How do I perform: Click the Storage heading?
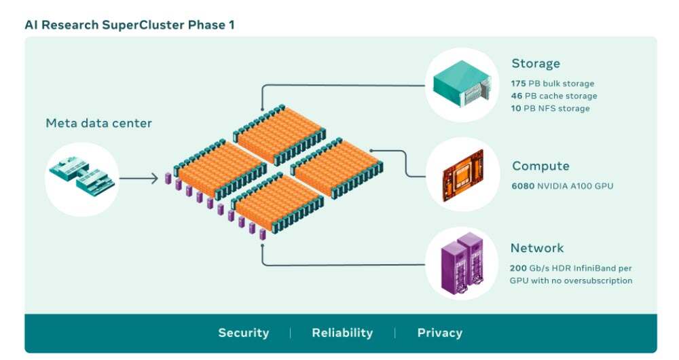coord(536,64)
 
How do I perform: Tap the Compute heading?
coord(540,166)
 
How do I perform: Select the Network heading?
coord(536,248)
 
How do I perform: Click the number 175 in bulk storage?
coord(518,84)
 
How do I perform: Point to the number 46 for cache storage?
coord(516,96)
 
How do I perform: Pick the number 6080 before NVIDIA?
coord(523,185)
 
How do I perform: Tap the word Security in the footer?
coord(243,333)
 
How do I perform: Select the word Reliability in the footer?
coord(342,333)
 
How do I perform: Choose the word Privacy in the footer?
coord(439,333)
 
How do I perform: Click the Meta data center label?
coord(98,124)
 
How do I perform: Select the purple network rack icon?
coord(461,262)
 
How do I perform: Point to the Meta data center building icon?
coord(82,179)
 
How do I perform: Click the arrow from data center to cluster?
coord(139,179)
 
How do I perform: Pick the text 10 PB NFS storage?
coord(550,108)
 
